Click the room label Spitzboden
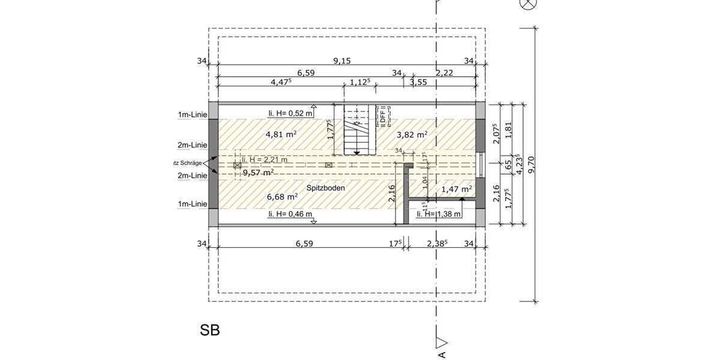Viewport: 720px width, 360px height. tap(326, 188)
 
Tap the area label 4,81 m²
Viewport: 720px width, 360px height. tap(281, 134)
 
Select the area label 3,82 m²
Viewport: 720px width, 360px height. tap(412, 134)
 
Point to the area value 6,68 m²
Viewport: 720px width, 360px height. tap(282, 196)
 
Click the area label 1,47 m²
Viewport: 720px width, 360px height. tap(457, 189)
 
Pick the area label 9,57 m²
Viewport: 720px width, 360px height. tap(258, 172)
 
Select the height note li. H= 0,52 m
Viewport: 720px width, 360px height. tap(290, 113)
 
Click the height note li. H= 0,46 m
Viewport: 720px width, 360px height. tap(290, 214)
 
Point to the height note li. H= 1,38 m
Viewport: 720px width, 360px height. tap(439, 214)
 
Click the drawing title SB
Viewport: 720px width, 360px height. tap(210, 330)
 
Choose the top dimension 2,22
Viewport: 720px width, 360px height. tap(445, 73)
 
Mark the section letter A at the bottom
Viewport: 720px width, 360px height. tap(442, 355)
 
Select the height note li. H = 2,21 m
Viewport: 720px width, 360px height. tap(265, 160)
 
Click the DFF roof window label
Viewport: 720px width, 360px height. tap(383, 116)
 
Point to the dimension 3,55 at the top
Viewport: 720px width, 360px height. tap(418, 83)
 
